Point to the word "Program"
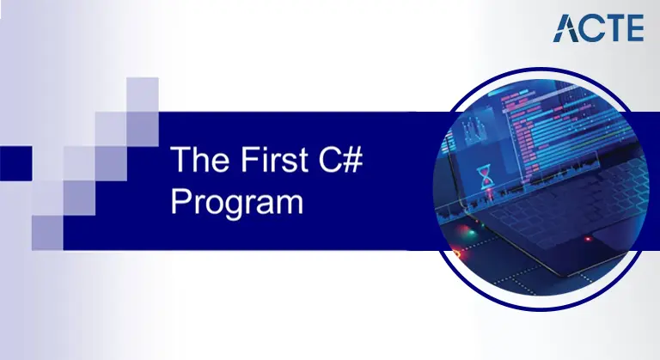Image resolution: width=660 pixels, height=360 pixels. pos(237,203)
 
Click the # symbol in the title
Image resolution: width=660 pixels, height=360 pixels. pos(353,161)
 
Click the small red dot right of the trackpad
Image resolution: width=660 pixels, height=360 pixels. pos(587,237)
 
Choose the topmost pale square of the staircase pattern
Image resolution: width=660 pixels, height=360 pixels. pos(143,94)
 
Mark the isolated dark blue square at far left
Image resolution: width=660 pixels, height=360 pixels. pos(15,162)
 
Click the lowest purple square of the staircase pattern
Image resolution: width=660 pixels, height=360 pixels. pos(47,231)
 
